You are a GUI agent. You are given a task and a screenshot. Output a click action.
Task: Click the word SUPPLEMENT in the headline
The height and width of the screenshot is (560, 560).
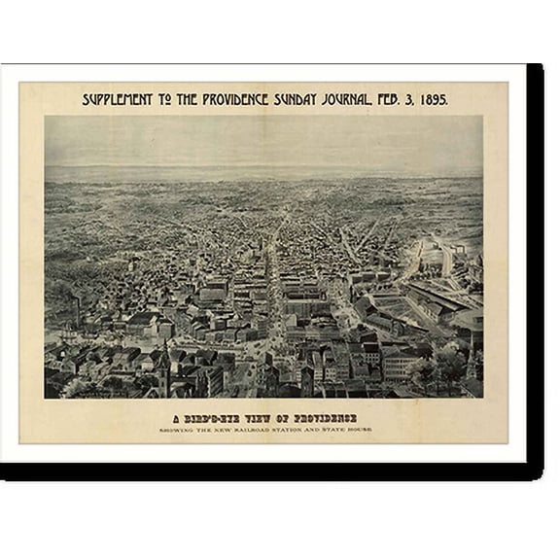click(x=116, y=99)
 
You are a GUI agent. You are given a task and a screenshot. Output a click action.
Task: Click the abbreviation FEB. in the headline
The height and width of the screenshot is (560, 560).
click(x=386, y=99)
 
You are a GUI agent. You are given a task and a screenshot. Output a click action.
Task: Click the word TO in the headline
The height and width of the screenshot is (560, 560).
click(x=155, y=99)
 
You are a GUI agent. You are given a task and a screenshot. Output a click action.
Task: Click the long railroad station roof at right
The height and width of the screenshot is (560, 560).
click(x=442, y=296)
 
